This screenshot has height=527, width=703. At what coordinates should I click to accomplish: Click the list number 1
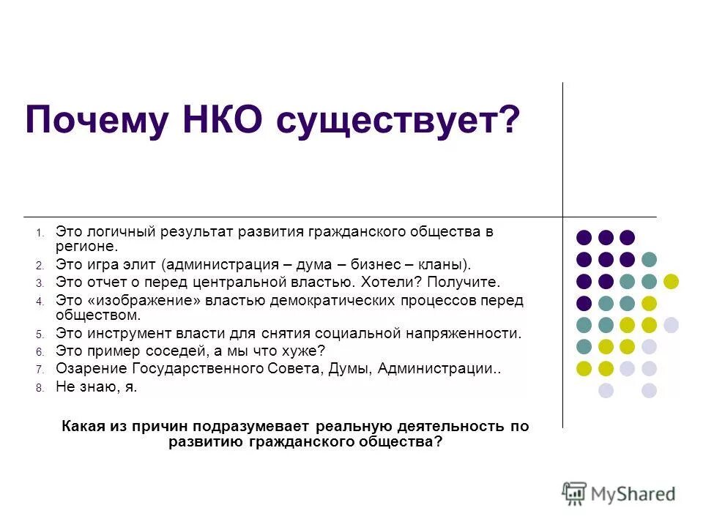pyautogui.click(x=40, y=233)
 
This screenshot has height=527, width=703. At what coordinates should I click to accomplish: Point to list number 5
pyautogui.click(x=40, y=334)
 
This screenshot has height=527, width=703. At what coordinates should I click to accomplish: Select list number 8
pyautogui.click(x=40, y=389)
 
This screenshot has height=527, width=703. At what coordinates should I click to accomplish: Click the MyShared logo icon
pyautogui.click(x=575, y=493)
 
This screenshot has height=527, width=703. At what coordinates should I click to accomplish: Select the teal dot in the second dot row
pyautogui.click(x=649, y=259)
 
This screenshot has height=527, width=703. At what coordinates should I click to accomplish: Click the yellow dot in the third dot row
pyautogui.click(x=671, y=281)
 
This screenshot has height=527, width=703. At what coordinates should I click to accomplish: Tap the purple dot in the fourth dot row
pyautogui.click(x=584, y=303)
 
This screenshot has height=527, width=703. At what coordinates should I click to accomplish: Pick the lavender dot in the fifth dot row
pyautogui.click(x=671, y=325)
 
